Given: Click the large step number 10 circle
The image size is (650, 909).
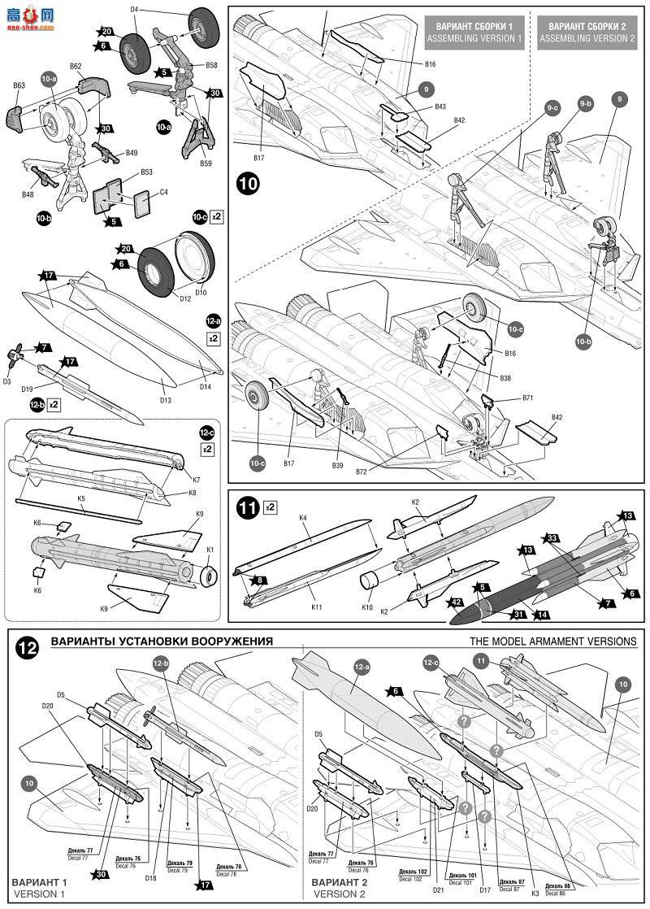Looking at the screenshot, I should (249, 184).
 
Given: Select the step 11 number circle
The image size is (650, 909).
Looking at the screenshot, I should (248, 508).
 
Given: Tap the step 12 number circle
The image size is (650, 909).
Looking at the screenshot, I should (28, 649).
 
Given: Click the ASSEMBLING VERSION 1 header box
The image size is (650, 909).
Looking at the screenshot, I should (475, 32).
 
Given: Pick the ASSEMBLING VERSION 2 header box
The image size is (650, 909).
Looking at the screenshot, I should (587, 32).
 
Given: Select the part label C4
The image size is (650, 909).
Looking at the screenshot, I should (163, 193).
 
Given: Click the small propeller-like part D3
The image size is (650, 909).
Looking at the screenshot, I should (15, 354).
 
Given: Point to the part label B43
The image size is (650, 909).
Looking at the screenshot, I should (440, 107).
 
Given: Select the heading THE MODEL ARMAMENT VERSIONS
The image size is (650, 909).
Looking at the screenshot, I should (552, 642).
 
